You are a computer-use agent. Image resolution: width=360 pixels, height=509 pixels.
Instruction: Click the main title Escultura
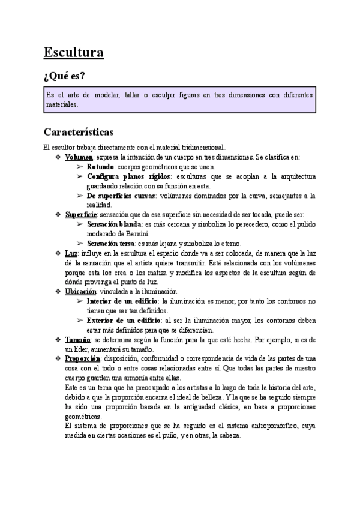(73, 53)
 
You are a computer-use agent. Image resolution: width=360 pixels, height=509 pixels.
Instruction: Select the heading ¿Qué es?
(65, 77)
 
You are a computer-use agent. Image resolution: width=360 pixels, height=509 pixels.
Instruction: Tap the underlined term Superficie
(80, 215)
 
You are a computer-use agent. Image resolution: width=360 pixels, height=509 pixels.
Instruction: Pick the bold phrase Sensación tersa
(112, 244)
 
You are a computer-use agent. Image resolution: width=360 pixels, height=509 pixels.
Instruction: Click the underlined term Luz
(71, 253)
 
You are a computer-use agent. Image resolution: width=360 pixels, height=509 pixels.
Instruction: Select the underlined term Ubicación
(80, 291)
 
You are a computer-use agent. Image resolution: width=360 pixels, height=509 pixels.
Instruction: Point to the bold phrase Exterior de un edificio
(123, 320)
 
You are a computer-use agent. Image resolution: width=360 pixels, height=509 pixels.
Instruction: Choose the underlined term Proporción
(82, 359)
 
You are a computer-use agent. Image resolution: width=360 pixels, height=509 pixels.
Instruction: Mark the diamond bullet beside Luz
(58, 253)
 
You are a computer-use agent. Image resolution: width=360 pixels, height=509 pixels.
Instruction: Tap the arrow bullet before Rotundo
(80, 167)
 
